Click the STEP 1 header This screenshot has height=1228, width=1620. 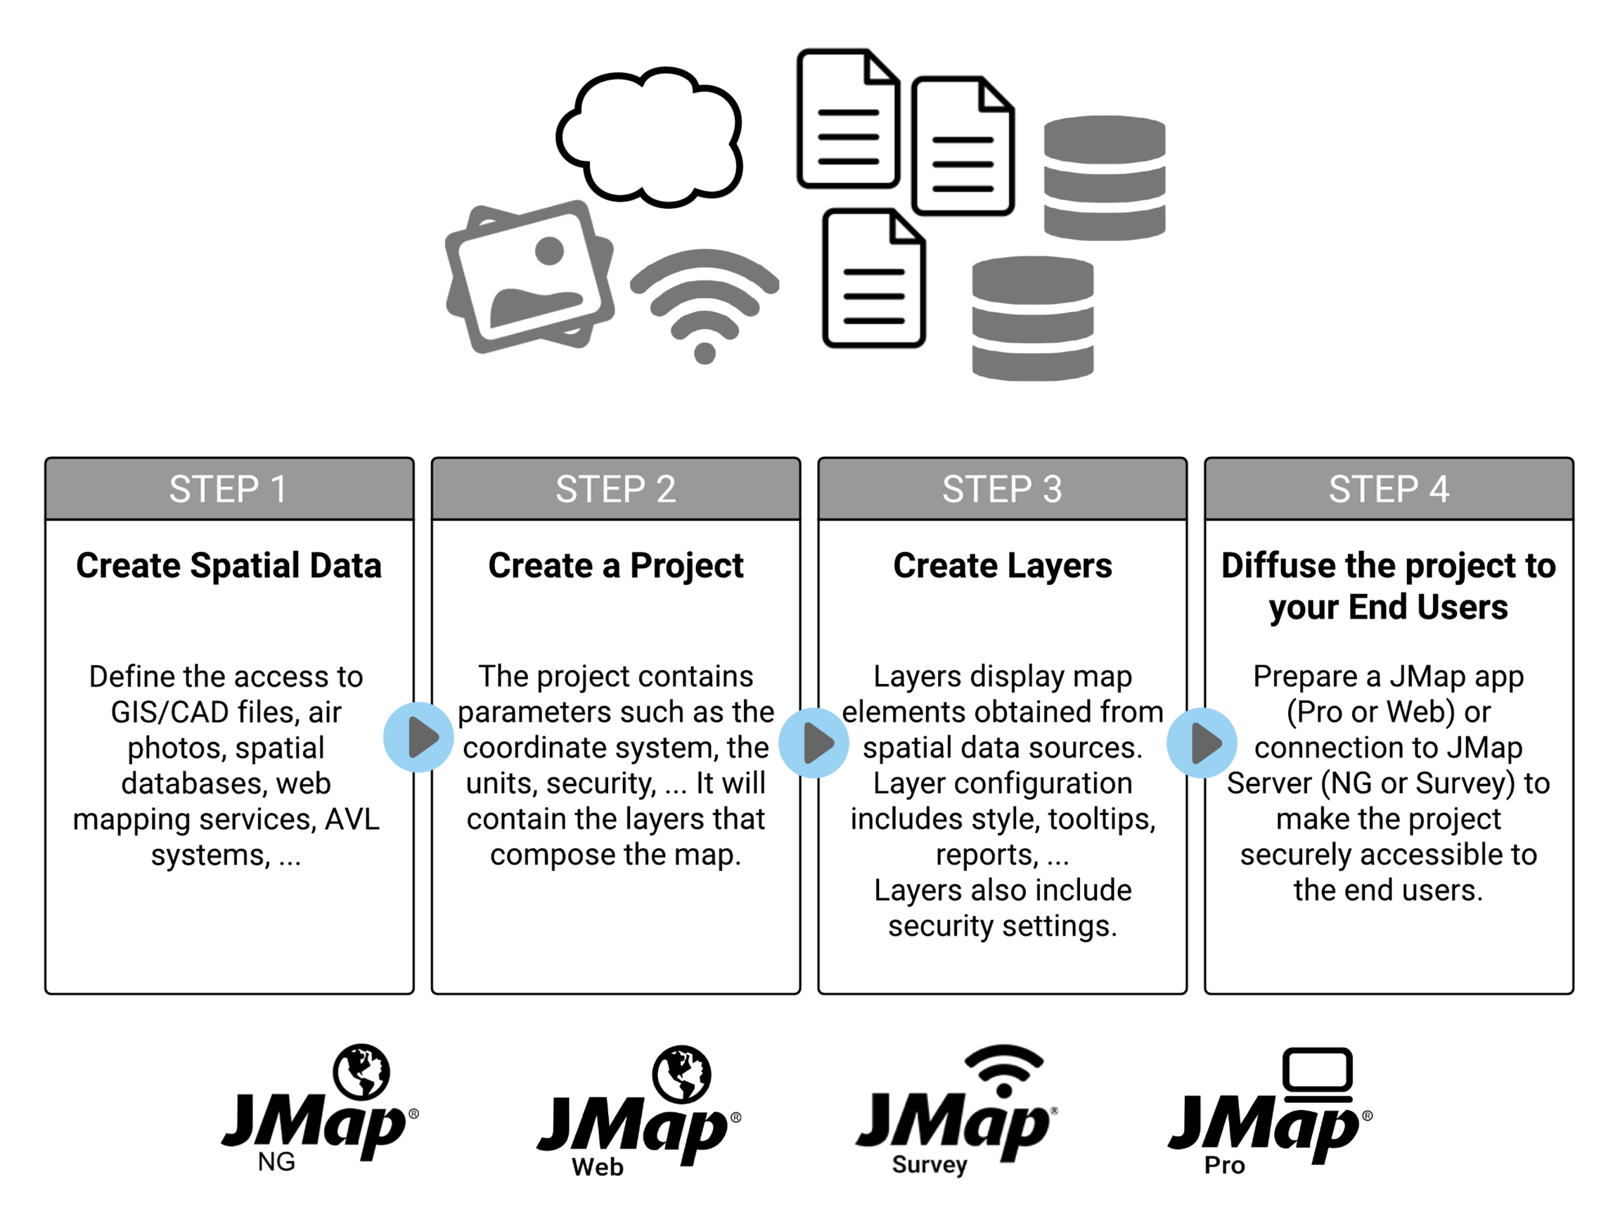229,489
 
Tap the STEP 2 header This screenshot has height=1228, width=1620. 615,489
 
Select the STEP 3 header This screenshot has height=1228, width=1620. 1002,489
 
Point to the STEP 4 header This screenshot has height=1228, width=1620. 1389,489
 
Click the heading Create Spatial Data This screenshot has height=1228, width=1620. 229,565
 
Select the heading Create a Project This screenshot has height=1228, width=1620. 615,565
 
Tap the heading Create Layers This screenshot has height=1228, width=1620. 1002,565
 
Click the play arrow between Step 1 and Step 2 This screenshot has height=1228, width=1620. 419,737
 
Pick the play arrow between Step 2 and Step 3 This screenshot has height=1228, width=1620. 814,742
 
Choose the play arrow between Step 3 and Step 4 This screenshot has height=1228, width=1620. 1202,742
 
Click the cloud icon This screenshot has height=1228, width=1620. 649,137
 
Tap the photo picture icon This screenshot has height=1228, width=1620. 529,276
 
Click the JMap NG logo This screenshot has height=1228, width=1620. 319,1109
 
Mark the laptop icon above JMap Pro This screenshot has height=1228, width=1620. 1317,1073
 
